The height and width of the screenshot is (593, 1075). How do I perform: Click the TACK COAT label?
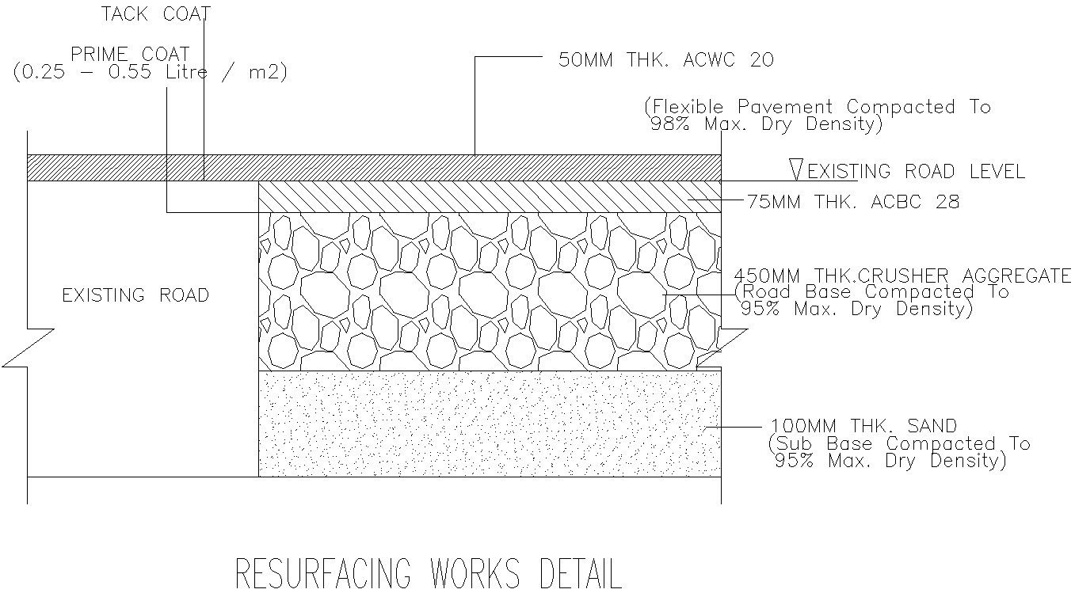(156, 14)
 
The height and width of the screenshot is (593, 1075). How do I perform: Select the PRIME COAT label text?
(130, 55)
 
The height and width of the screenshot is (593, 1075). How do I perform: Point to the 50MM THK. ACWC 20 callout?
(665, 60)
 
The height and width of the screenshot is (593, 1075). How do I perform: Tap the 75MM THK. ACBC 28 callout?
(853, 202)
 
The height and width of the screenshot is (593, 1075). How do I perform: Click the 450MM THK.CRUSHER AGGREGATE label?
(902, 276)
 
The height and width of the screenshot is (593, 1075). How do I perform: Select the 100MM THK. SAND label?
(864, 427)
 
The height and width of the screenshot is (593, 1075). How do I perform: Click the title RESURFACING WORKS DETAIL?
(429, 573)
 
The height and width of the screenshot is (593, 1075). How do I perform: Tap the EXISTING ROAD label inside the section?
(135, 295)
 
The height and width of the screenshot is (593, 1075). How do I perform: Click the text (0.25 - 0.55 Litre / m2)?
(151, 73)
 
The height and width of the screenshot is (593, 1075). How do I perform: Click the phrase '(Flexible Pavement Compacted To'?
(817, 107)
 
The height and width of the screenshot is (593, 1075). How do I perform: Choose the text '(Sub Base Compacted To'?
(899, 444)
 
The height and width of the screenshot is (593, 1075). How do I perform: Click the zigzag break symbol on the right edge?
(722, 349)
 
